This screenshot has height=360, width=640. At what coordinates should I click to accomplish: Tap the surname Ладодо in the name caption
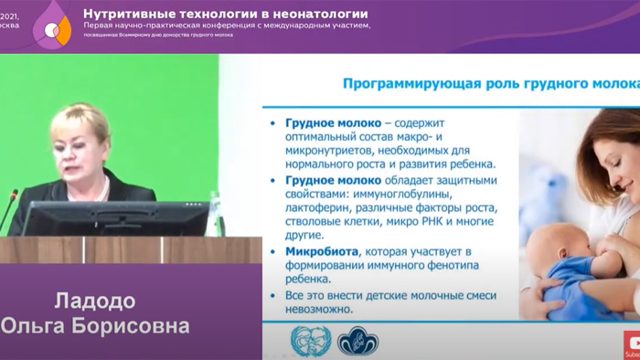coord(95,302)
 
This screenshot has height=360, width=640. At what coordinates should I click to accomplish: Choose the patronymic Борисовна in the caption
coord(133,326)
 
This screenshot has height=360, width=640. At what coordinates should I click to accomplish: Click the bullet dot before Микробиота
coord(274,250)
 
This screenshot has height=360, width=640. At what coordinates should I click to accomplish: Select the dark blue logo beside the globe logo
coord(357,342)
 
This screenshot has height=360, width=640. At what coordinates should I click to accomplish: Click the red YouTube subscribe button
coord(632,344)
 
